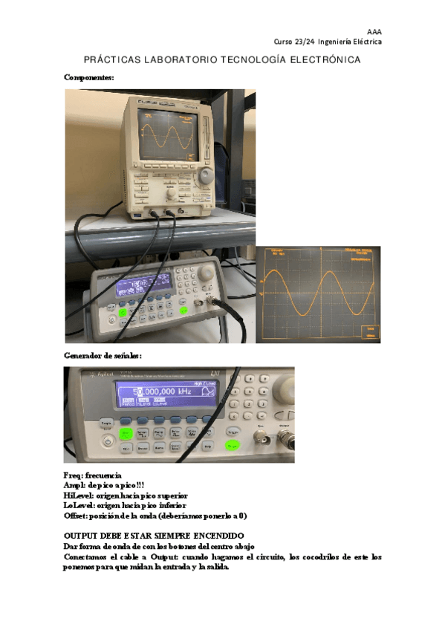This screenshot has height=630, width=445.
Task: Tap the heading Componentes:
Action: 88,77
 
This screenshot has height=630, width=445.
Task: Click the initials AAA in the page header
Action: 375,31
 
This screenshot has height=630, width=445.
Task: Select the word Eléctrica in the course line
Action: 367,42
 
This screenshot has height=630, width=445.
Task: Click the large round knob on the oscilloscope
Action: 205,176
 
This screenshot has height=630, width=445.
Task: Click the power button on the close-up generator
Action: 108,441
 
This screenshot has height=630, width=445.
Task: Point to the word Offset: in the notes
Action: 77,516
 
